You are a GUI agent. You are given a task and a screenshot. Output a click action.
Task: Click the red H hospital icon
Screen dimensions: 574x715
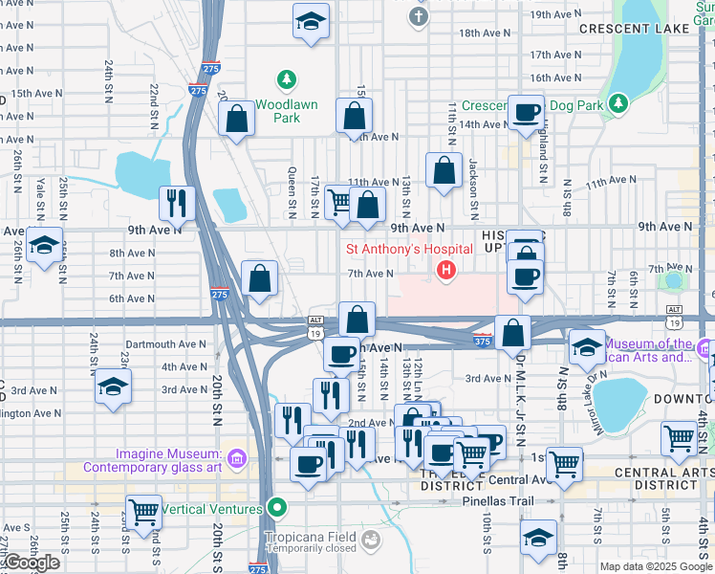pyautogui.click(x=445, y=271)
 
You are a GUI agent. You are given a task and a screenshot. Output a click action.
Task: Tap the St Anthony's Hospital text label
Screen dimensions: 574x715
pyautogui.click(x=409, y=250)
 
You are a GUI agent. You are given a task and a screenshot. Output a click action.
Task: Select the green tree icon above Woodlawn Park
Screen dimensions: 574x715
pyautogui.click(x=285, y=78)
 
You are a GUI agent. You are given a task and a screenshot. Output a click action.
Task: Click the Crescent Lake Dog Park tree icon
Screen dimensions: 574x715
pyautogui.click(x=619, y=101)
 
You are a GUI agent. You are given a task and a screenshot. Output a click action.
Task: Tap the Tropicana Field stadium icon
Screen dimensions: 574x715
pyautogui.click(x=369, y=542)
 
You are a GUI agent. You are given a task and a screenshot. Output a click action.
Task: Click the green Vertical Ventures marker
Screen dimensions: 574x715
pyautogui.click(x=277, y=508)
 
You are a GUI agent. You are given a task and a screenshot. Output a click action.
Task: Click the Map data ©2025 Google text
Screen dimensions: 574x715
pyautogui.click(x=656, y=566)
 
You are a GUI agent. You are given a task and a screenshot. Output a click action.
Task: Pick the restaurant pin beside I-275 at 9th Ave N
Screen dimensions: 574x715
pyautogui.click(x=177, y=201)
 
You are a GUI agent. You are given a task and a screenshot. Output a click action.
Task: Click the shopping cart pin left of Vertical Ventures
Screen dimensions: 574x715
pyautogui.click(x=143, y=510)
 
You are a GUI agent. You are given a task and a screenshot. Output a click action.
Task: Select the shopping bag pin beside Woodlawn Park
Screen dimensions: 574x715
pyautogui.click(x=236, y=120)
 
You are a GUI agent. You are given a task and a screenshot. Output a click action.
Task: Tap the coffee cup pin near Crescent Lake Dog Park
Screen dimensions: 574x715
pyautogui.click(x=524, y=113)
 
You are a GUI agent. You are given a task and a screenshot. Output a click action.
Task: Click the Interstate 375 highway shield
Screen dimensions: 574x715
pyautogui.click(x=483, y=341)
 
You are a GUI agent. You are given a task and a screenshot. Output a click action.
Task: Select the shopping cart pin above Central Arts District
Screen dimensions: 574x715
pyautogui.click(x=679, y=438)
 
